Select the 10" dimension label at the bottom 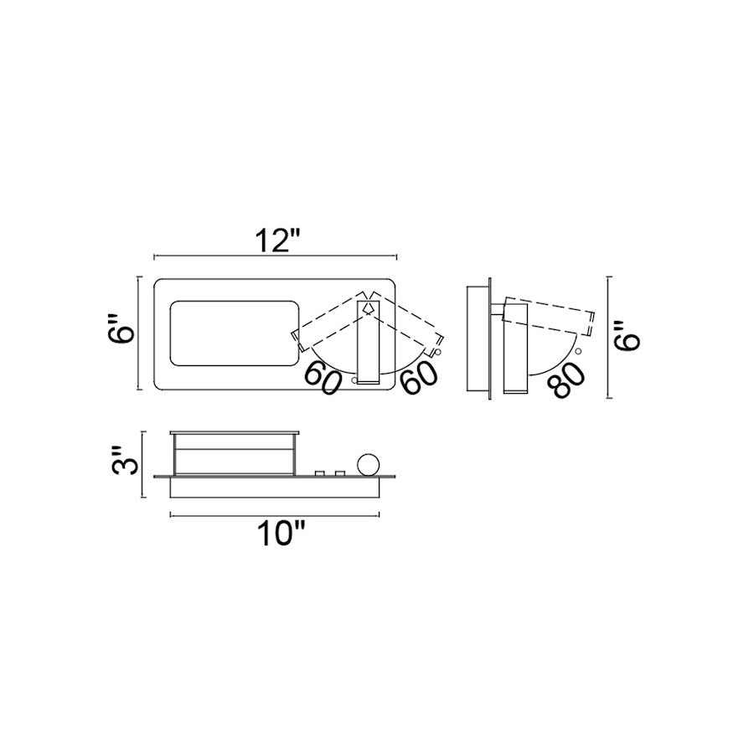pos(281,534)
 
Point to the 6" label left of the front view pos(119,329)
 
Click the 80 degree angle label pos(569,380)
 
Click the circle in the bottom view pos(369,464)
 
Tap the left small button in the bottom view pos(319,473)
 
